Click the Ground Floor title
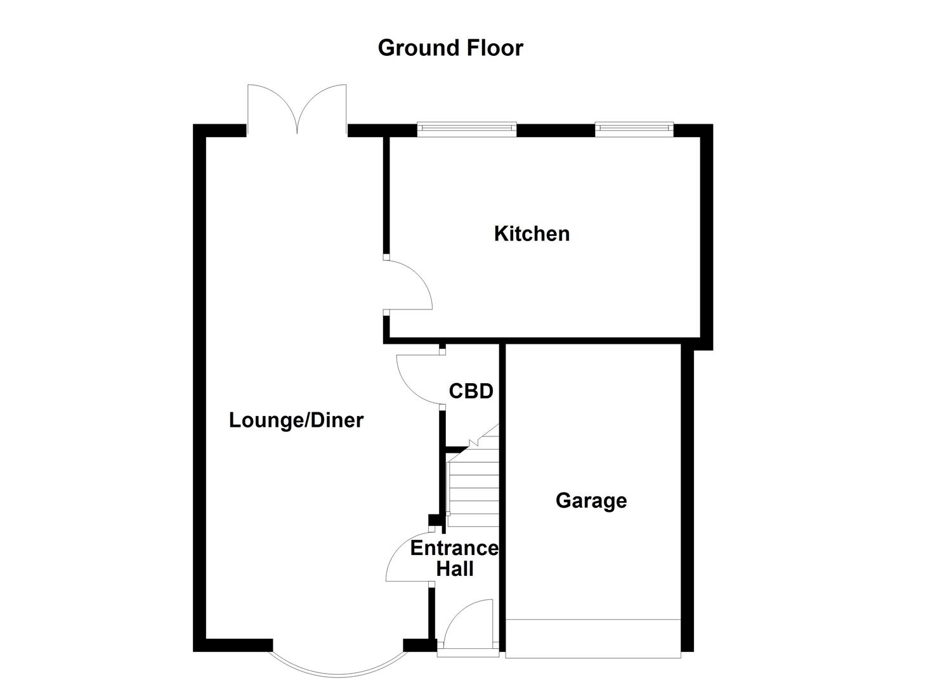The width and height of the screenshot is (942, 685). click(450, 48)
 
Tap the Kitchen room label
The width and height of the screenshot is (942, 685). click(532, 233)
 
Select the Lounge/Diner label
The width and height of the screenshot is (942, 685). click(296, 420)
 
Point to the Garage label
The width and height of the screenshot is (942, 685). click(591, 500)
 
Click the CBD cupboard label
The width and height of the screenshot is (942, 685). click(471, 391)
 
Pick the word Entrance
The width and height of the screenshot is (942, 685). click(454, 548)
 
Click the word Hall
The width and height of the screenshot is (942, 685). click(455, 569)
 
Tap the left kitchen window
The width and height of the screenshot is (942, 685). click(467, 129)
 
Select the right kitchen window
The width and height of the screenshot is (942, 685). click(634, 129)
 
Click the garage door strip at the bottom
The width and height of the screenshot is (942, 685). click(592, 638)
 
